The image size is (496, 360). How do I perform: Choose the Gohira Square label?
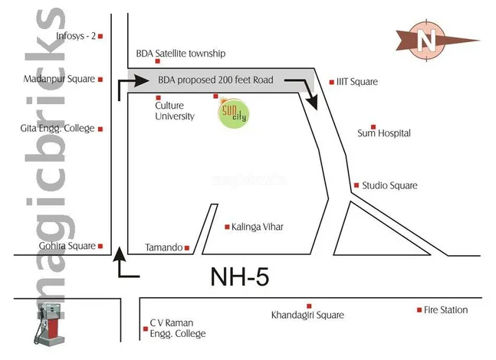click(x=67, y=246)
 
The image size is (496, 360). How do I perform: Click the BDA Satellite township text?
click(x=181, y=54)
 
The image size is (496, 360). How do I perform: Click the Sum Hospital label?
click(x=384, y=133)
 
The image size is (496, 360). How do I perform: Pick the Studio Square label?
click(x=389, y=185)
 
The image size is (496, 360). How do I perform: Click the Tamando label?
click(x=163, y=247)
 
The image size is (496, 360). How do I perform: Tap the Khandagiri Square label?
click(x=307, y=315)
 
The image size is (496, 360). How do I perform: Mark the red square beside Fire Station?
click(x=419, y=310)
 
